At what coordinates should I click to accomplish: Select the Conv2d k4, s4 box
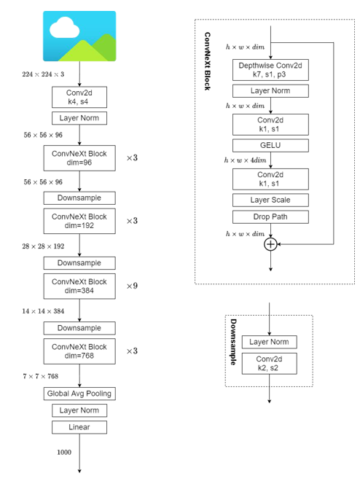[x=79, y=97]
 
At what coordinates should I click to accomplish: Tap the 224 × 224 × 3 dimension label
[x=44, y=74]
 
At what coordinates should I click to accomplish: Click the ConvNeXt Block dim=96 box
[x=79, y=158]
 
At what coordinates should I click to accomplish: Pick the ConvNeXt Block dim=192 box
[x=79, y=221]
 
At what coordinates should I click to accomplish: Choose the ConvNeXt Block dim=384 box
[x=79, y=286]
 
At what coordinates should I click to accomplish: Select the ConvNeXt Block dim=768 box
[x=79, y=351]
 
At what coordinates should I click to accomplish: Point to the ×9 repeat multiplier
[x=132, y=286]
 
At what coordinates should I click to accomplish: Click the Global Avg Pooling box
[x=79, y=394]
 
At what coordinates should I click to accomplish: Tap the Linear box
[x=79, y=427]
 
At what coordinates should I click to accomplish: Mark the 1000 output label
[x=64, y=453]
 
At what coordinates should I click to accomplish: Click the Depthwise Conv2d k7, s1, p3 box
[x=270, y=70]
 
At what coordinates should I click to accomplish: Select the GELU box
[x=270, y=145]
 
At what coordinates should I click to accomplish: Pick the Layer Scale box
[x=270, y=200]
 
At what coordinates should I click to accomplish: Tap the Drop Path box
[x=270, y=216]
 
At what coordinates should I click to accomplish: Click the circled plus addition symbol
[x=270, y=245]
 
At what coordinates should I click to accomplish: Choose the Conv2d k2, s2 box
[x=270, y=364]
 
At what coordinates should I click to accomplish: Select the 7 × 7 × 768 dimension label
[x=40, y=376]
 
